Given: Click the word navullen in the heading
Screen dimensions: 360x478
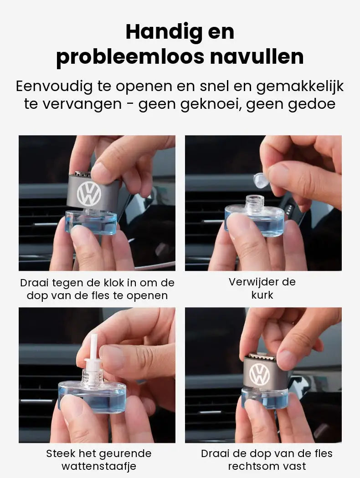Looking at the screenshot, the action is point(257,57).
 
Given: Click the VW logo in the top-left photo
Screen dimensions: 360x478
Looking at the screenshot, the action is point(89,194).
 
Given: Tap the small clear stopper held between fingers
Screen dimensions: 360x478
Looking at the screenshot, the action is point(261,179).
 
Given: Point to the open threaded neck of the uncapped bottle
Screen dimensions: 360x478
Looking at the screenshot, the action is point(255,203).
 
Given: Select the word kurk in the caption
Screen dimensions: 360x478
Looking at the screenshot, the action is point(262,295).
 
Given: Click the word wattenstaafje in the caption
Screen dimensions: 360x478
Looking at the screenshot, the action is point(99,466).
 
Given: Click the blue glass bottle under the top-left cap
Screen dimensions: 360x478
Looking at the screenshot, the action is point(91,223).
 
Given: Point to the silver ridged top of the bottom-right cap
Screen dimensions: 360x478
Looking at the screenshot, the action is point(262,357).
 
